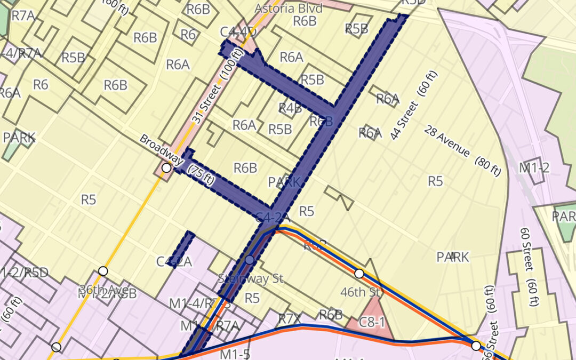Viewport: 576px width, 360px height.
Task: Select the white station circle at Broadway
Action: click(166, 168)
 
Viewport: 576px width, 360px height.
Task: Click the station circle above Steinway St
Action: click(250, 260)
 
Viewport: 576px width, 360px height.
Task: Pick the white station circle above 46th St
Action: click(359, 274)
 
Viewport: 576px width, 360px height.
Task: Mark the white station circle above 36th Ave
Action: click(103, 271)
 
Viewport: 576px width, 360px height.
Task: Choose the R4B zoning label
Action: click(290, 108)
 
